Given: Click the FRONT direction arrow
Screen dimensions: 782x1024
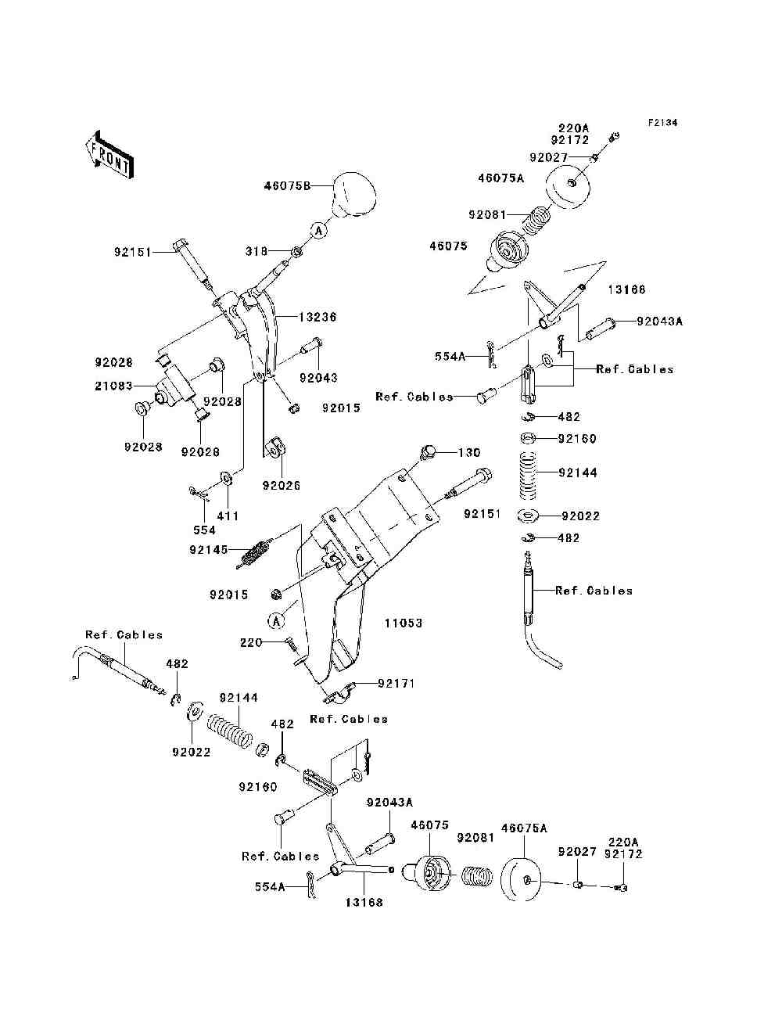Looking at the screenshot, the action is (110, 154).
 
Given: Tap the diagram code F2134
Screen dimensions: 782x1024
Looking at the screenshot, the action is (662, 123).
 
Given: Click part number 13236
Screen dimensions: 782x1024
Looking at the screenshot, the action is (317, 318).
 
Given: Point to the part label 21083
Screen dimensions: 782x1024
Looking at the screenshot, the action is (113, 386).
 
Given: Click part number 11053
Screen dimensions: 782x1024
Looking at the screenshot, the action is (404, 623).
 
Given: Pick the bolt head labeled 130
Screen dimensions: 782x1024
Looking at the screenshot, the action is (428, 452).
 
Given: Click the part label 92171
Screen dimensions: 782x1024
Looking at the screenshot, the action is (396, 683).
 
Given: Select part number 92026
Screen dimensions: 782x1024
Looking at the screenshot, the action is (282, 486).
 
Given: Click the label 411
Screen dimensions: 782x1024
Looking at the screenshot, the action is (228, 516).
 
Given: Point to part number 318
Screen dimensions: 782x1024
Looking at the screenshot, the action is (256, 251).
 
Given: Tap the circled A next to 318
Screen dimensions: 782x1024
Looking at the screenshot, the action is (318, 230).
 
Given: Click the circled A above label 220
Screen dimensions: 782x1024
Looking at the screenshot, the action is (276, 621).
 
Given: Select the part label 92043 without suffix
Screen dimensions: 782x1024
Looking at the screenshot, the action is (318, 377).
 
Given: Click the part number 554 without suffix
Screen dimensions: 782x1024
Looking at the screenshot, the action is (205, 530).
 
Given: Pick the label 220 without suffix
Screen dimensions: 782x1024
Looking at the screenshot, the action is (251, 642).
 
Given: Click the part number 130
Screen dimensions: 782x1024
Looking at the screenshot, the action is (469, 452).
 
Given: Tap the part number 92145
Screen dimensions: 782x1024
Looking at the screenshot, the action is (209, 550).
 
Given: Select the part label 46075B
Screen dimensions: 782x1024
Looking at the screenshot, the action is (287, 186).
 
